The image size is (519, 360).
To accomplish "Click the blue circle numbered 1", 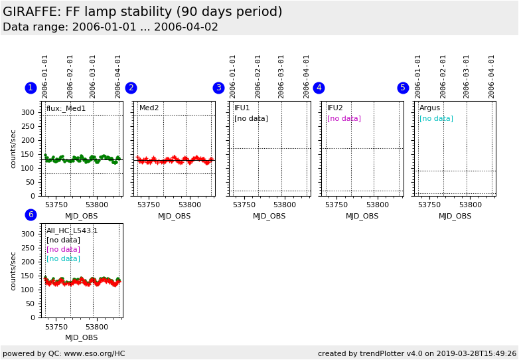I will [31, 88].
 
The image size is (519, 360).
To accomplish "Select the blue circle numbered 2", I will [131, 88].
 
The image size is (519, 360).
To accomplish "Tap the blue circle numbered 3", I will [218, 88].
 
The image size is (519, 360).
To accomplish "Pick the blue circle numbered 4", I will [319, 88].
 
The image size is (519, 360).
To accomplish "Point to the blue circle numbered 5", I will [403, 88].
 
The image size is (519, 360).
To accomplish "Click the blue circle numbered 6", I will [31, 215].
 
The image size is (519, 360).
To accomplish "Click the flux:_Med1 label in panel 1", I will [66, 108].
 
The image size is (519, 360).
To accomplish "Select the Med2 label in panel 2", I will [149, 108].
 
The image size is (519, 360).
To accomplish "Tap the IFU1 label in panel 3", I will [242, 108].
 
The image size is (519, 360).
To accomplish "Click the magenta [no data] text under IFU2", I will [344, 119].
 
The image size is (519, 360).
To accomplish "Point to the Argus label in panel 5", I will [429, 108].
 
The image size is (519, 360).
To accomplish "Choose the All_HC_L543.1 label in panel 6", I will [72, 231].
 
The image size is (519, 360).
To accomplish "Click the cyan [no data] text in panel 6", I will [63, 259].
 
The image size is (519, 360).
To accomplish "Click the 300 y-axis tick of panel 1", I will [28, 112].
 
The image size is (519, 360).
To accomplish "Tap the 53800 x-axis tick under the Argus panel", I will [470, 205].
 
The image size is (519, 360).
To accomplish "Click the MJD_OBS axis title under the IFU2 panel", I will [362, 216].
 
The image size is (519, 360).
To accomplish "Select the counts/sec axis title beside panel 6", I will [13, 271].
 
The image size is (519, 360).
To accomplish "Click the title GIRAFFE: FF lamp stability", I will [142, 12].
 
